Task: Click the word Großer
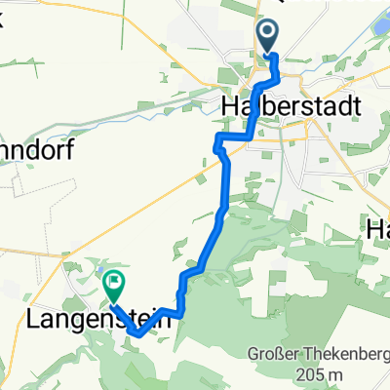pos(279,354)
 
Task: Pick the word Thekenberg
pos(341,354)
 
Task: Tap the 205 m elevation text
pos(307,375)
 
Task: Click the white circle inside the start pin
pos(268,32)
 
